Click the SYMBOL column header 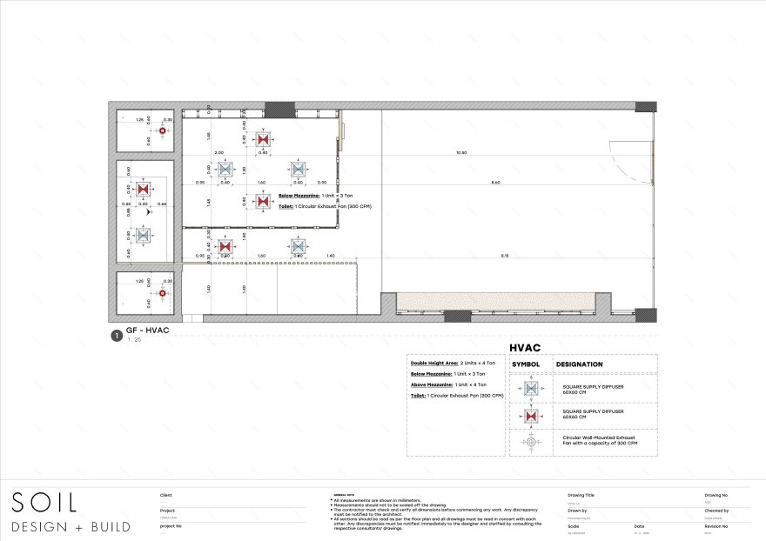coord(525,364)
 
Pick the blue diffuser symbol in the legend coord(531,388)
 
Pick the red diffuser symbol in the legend coord(531,415)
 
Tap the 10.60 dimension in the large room coord(461,153)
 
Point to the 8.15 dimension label coord(504,255)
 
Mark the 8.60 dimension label coord(495,183)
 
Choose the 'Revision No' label coord(717,526)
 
